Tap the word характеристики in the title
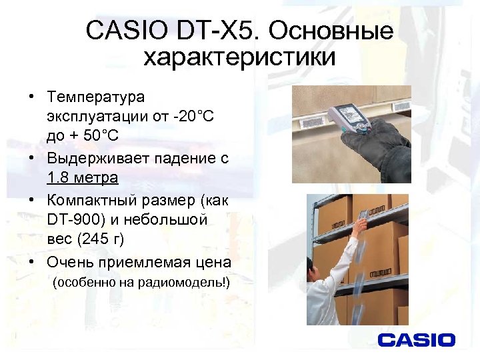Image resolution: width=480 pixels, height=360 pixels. pos(239,58)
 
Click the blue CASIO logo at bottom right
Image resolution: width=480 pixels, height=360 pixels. pos(416,340)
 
